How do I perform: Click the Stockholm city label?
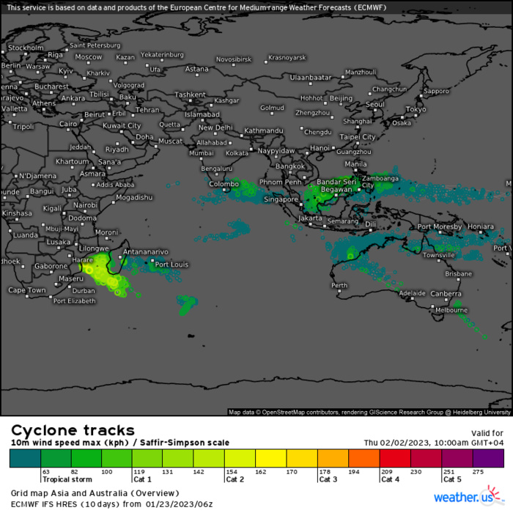click(26, 48)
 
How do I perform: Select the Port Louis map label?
click(172, 265)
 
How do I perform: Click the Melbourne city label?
click(451, 310)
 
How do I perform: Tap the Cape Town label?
click(27, 290)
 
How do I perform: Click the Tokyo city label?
click(416, 109)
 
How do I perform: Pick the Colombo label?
click(224, 184)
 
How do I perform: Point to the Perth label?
click(339, 285)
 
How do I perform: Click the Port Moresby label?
click(440, 226)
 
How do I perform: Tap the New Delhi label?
click(215, 128)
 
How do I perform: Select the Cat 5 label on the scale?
click(453, 479)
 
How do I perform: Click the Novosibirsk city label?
click(233, 59)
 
